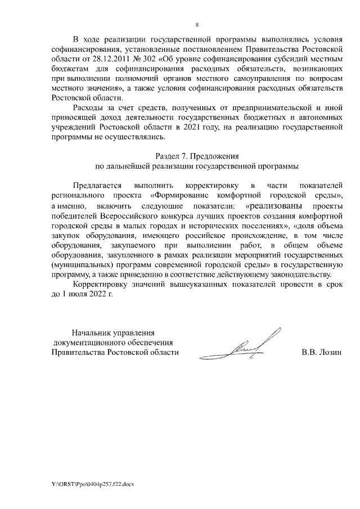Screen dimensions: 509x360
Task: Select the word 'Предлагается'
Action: pos(97,186)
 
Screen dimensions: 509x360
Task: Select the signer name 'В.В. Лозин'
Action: pos(322,353)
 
